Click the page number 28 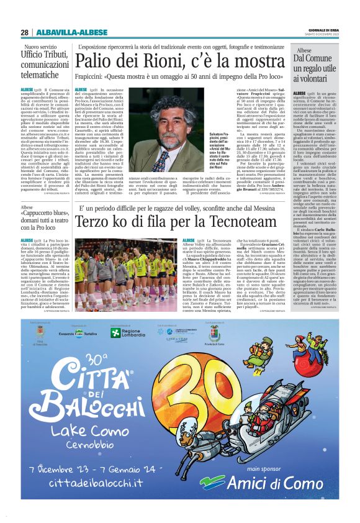(24, 32)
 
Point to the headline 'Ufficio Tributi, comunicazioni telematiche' (47, 65)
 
